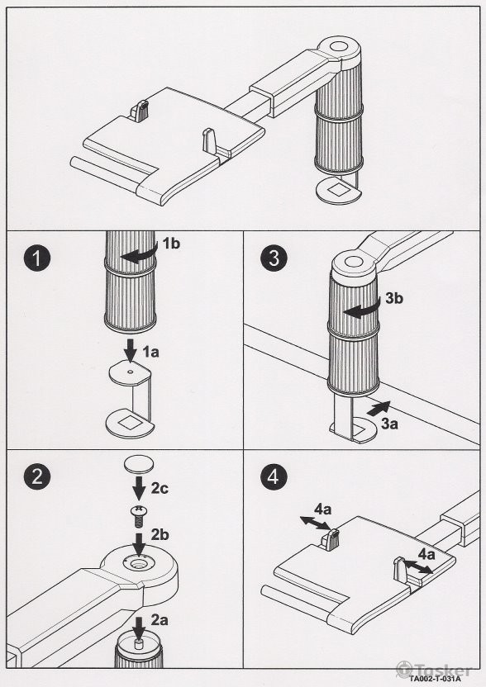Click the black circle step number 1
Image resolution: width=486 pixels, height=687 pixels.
pyautogui.click(x=37, y=258)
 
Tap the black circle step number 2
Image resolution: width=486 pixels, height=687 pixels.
pyautogui.click(x=37, y=476)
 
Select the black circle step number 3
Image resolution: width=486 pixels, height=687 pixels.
pyautogui.click(x=274, y=258)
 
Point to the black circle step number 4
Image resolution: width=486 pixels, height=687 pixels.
pyautogui.click(x=274, y=476)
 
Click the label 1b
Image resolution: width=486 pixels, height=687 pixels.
pyautogui.click(x=171, y=244)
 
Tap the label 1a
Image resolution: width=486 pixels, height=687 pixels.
pyautogui.click(x=150, y=352)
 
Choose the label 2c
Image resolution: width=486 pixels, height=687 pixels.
pyautogui.click(x=160, y=489)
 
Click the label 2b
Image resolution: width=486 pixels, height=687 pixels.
pyautogui.click(x=160, y=535)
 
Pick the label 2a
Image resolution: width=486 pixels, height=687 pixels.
pyautogui.click(x=160, y=620)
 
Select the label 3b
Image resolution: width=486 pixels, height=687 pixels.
pyautogui.click(x=394, y=298)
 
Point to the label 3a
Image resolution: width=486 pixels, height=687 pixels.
pyautogui.click(x=389, y=424)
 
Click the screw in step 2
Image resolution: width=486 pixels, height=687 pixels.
pyautogui.click(x=139, y=518)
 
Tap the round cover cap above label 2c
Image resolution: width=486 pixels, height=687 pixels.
pyautogui.click(x=139, y=464)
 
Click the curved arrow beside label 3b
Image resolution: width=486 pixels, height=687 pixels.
pyautogui.click(x=361, y=310)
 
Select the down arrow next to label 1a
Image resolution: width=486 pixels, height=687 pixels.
pyautogui.click(x=131, y=349)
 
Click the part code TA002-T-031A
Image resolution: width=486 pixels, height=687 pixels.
pyautogui.click(x=436, y=679)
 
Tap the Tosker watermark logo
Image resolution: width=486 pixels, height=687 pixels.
pyautogui.click(x=434, y=670)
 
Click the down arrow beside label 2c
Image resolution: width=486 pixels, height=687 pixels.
pyautogui.click(x=139, y=488)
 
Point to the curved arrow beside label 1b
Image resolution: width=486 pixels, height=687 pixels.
pyautogui.click(x=139, y=254)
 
